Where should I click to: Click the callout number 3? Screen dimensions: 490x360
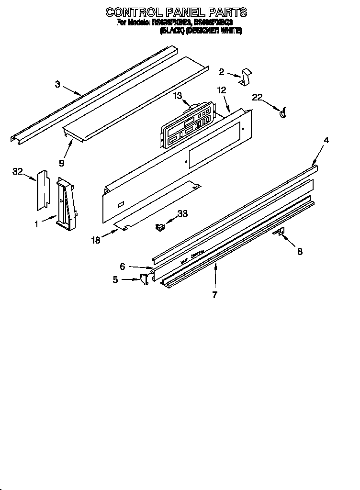[57, 84]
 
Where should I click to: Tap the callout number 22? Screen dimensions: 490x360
[257, 97]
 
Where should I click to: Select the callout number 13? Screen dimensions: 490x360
[178, 96]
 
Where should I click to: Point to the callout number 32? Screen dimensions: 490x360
[17, 172]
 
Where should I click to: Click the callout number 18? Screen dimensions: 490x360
[96, 240]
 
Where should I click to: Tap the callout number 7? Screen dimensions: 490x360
[214, 295]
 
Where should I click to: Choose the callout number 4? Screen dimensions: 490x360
[326, 140]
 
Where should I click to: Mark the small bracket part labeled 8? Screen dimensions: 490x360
[279, 232]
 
